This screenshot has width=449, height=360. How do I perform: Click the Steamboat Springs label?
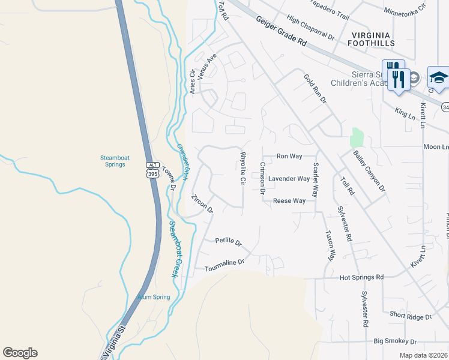tap(114, 161)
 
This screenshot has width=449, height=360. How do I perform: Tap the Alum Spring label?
tap(154, 297)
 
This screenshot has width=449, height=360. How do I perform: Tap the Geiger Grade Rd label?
tap(282, 32)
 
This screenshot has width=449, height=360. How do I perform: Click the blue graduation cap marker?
tap(438, 77)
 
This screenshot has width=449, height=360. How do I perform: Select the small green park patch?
tap(358, 137)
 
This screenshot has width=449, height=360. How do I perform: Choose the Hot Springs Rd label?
tap(361, 278)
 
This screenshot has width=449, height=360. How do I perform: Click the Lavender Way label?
tap(289, 179)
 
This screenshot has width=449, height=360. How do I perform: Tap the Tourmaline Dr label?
tap(225, 262)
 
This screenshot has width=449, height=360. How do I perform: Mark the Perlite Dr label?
tap(228, 242)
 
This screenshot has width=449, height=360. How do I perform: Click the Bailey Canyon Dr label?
tap(369, 172)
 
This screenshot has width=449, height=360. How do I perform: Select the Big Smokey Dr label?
tap(394, 341)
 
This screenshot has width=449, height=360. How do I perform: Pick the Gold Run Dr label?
tap(314, 88)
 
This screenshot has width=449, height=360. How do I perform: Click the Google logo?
tap(20, 353)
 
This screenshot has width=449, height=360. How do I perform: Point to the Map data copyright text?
tap(424, 355)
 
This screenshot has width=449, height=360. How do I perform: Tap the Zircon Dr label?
tap(202, 204)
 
